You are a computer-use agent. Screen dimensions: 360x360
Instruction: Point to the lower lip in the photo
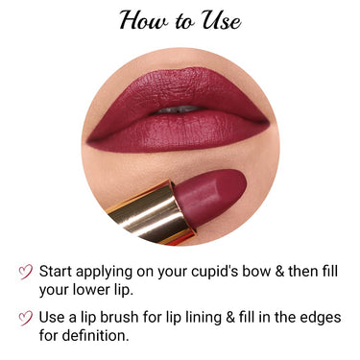(x=178, y=131)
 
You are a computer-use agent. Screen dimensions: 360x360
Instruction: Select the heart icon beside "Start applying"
(x=25, y=272)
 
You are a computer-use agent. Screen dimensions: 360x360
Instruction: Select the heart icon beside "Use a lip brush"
(x=25, y=319)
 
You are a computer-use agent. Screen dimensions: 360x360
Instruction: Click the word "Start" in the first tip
(x=60, y=271)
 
